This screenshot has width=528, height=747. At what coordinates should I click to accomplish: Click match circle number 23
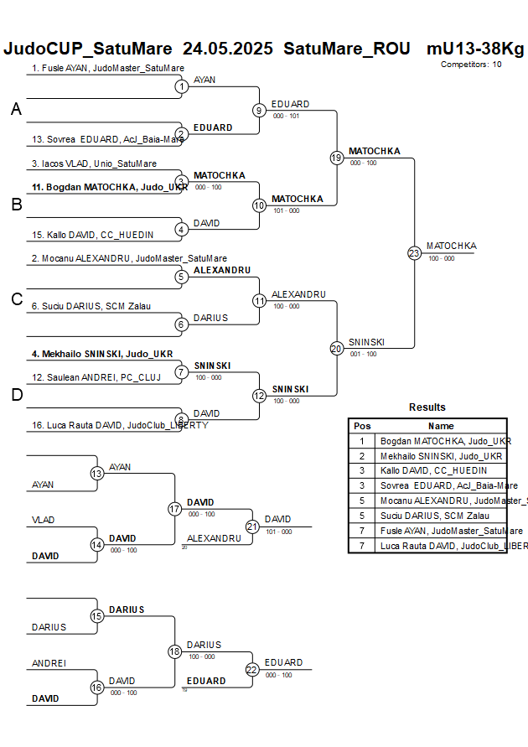[414, 252]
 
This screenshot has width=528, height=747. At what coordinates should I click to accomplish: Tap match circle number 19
[336, 157]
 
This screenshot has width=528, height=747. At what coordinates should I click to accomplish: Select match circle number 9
[259, 110]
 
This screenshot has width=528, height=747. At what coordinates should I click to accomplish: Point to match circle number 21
[252, 526]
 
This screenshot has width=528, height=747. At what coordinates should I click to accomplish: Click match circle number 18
[174, 651]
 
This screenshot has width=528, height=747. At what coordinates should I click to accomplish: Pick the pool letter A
[16, 109]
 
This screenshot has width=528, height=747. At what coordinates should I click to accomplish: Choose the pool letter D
[16, 395]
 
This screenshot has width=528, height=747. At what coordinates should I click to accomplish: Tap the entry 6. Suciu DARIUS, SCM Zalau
[91, 306]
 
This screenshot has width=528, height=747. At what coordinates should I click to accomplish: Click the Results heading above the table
[427, 407]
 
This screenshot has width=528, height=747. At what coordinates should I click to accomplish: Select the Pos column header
[362, 426]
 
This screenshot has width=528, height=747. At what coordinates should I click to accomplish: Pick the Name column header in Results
[441, 426]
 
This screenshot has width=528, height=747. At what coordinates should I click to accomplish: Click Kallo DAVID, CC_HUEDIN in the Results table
[433, 470]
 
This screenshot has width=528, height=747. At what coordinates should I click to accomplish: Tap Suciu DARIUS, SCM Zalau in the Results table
[432, 516]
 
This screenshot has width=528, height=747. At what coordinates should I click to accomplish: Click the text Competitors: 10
[471, 64]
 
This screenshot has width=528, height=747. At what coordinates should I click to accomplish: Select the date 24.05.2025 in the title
[228, 49]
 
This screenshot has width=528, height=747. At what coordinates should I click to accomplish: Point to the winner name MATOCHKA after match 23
[451, 246]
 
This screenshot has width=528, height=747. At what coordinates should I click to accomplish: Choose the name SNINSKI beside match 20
[365, 342]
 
